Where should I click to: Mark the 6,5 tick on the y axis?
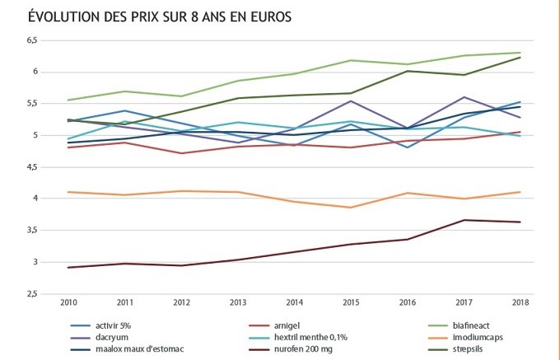point(32,40)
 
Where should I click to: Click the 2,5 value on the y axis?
point(32,294)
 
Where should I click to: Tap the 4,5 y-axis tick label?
point(32,167)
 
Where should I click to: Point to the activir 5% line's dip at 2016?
point(407,147)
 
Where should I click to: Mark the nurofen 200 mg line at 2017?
point(463,220)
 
